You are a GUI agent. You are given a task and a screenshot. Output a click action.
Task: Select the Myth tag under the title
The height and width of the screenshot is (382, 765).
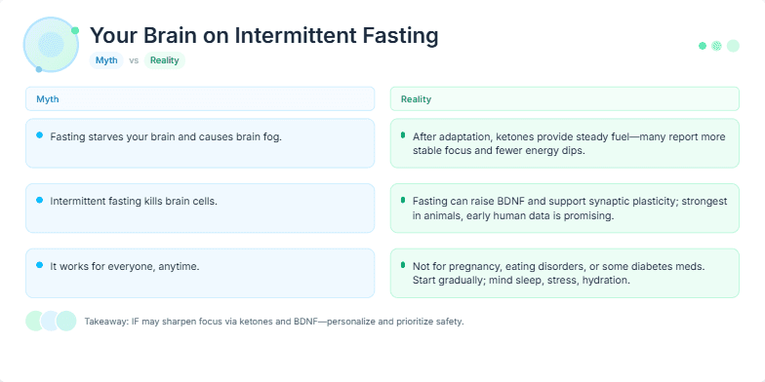point(106,60)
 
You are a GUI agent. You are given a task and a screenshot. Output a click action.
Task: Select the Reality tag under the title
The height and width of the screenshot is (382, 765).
point(164,60)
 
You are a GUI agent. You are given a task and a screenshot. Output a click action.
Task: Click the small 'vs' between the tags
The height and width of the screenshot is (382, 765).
point(134,60)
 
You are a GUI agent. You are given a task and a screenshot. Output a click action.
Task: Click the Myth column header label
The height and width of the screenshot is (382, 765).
point(48,99)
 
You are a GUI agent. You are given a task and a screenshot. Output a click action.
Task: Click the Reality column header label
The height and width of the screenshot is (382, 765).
point(416,99)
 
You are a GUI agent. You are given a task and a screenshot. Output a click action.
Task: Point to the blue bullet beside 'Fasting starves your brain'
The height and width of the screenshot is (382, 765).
point(39,135)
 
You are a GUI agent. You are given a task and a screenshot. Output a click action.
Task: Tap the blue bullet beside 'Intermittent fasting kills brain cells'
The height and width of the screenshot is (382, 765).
point(39,200)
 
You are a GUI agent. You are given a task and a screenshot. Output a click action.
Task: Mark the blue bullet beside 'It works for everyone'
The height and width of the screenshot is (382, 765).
point(39,264)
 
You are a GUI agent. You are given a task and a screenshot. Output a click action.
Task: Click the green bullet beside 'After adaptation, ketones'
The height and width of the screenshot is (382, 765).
point(403,135)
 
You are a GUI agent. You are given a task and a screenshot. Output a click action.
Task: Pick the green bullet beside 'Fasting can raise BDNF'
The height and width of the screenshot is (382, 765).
point(403,200)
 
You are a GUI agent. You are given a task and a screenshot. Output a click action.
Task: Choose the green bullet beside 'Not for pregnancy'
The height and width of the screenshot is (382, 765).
point(403,264)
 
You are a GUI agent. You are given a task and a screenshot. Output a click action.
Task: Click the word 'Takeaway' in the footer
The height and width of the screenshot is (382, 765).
point(105,321)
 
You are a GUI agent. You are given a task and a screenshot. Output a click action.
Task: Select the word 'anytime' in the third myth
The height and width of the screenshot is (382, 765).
point(180,265)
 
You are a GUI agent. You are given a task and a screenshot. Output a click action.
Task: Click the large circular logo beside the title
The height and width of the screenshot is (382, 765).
point(51,44)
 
